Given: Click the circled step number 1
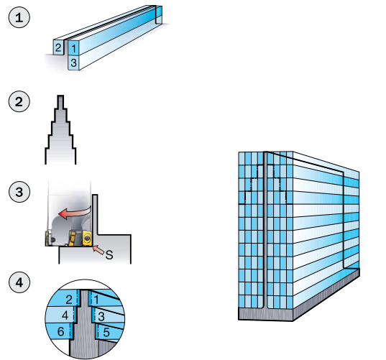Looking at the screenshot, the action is (19, 17).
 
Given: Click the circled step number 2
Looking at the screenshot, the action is (19, 101).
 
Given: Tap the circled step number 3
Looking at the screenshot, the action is (19, 192).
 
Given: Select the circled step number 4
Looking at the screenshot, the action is (19, 282).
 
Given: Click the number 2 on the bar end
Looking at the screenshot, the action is (58, 47).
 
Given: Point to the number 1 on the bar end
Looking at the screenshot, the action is (73, 48).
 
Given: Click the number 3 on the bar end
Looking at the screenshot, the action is (73, 63).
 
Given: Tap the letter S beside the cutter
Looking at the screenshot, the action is (109, 255).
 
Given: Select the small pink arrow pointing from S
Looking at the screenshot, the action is (98, 249).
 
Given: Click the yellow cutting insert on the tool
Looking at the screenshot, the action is (88, 238).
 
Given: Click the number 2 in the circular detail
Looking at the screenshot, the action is (69, 300).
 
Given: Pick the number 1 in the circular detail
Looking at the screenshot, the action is (96, 300).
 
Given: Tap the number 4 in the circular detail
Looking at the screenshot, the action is (65, 315).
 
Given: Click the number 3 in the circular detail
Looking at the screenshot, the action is (101, 317).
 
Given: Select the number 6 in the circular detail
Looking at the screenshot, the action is (61, 332).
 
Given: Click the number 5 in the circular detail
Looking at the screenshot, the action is (106, 333).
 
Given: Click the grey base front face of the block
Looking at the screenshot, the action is (266, 314).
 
